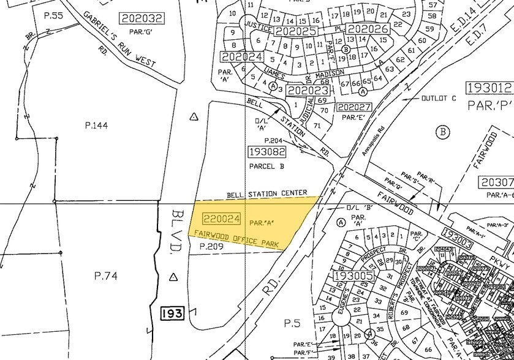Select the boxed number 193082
pyautogui.click(x=267, y=151)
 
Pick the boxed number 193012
pyautogui.click(x=488, y=87)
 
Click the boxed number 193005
pyautogui.click(x=353, y=276)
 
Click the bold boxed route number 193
pyautogui.click(x=172, y=314)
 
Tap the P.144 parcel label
pyautogui.click(x=96, y=126)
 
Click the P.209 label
pyautogui.click(x=213, y=247)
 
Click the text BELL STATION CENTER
pyautogui.click(x=267, y=193)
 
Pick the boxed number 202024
pyautogui.click(x=243, y=56)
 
